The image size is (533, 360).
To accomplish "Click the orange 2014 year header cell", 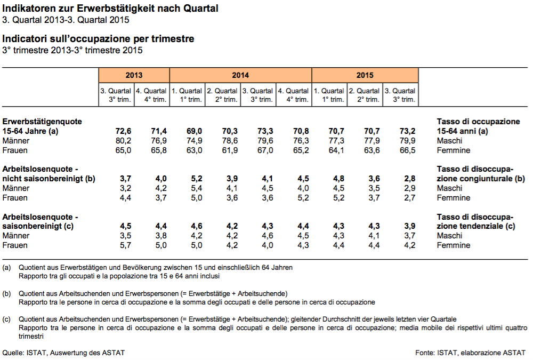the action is [x=241, y=75].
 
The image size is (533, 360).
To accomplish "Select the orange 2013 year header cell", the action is [x=134, y=75].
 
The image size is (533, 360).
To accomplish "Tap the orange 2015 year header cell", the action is [x=365, y=75].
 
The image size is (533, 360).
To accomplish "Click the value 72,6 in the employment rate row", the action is [x=123, y=131].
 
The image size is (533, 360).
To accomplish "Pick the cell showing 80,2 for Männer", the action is [x=123, y=140].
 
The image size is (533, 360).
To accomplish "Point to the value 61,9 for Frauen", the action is [x=230, y=150].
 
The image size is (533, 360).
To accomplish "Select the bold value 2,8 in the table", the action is [x=409, y=179].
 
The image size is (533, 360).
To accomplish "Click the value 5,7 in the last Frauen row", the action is [x=125, y=245].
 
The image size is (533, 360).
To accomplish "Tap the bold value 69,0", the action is [x=194, y=131].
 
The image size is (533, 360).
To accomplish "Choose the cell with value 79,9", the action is [x=407, y=140].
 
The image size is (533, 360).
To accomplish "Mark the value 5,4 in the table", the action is [x=197, y=188].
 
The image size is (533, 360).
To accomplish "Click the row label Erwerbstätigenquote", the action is [x=42, y=122].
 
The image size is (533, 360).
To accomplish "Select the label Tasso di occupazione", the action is [x=478, y=122].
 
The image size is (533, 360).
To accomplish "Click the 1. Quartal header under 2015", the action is [x=329, y=91].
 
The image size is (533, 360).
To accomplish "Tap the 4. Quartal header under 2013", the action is [x=151, y=91].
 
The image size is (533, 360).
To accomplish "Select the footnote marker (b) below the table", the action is [x=6, y=294].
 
